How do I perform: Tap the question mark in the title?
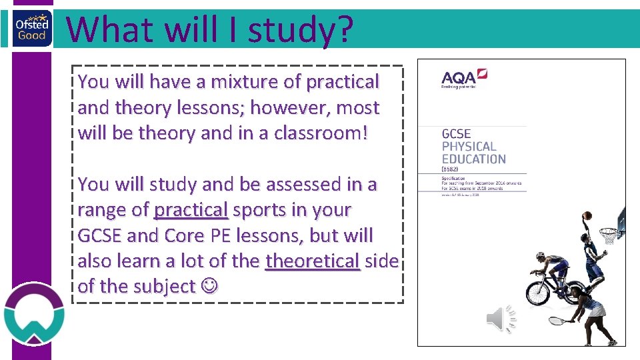pos(341,29)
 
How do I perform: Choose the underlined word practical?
pos(191,209)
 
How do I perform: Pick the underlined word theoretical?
pos(313,261)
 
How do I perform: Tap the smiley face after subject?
pos(209,287)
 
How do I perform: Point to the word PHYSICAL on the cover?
pos(469,147)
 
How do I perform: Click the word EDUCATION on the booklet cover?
pos(473,159)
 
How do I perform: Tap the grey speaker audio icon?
pos(501,319)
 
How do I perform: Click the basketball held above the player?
pos(587,217)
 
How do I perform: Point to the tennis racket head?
pos(555,321)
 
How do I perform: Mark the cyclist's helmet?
pos(540,257)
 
